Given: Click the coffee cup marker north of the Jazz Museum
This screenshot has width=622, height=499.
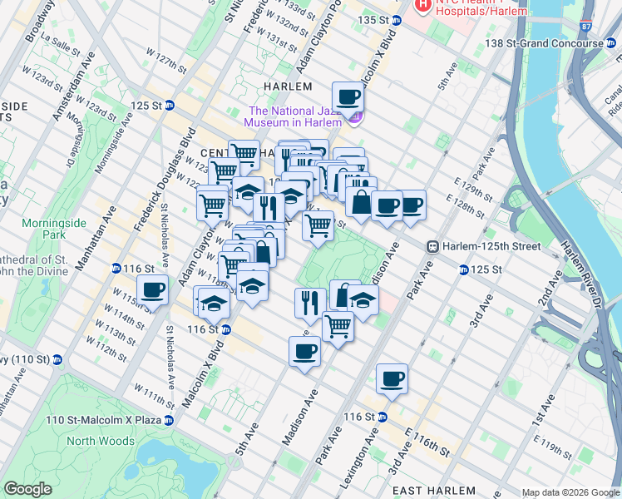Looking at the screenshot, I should pyautogui.click(x=348, y=97).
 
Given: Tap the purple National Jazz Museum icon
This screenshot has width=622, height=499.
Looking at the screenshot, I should pyautogui.click(x=356, y=118).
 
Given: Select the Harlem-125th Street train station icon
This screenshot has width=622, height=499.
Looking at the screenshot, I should pyautogui.click(x=432, y=246).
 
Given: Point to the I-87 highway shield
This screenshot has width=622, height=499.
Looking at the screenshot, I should pyautogui.click(x=587, y=27).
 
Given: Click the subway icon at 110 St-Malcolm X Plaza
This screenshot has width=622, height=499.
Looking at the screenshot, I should pyautogui.click(x=169, y=420).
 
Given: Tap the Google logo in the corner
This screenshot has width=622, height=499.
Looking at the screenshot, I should pyautogui.click(x=28, y=489).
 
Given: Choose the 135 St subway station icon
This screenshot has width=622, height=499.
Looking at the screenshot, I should pyautogui.click(x=397, y=20).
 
